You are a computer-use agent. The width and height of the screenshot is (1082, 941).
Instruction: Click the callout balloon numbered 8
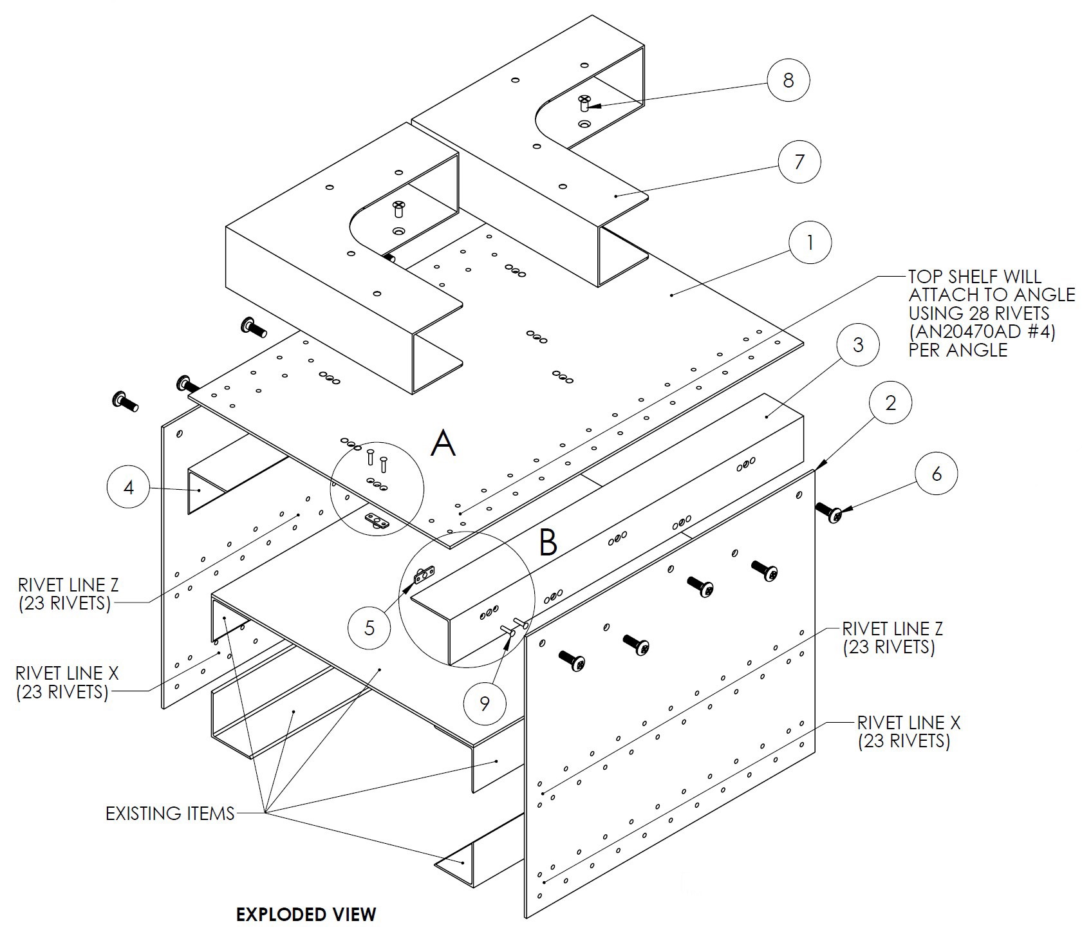788,80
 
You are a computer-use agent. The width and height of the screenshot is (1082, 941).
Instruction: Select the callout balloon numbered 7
799,161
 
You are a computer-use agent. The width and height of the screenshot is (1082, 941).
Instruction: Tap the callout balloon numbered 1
810,243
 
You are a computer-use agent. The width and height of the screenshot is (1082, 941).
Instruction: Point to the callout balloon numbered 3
858,345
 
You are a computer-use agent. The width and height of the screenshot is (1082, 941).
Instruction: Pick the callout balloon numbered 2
890,403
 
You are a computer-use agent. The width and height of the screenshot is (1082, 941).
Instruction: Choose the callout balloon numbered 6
936,474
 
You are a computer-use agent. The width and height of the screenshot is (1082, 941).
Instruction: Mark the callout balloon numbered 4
129,487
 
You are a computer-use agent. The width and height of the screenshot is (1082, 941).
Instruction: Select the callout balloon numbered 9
485,703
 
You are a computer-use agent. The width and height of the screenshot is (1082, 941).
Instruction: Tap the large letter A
443,443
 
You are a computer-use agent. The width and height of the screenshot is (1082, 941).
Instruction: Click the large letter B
548,541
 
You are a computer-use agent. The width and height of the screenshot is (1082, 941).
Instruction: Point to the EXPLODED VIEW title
306,914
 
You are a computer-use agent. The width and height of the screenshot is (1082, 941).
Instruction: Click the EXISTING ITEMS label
170,814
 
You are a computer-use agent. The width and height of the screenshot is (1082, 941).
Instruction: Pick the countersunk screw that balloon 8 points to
584,102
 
